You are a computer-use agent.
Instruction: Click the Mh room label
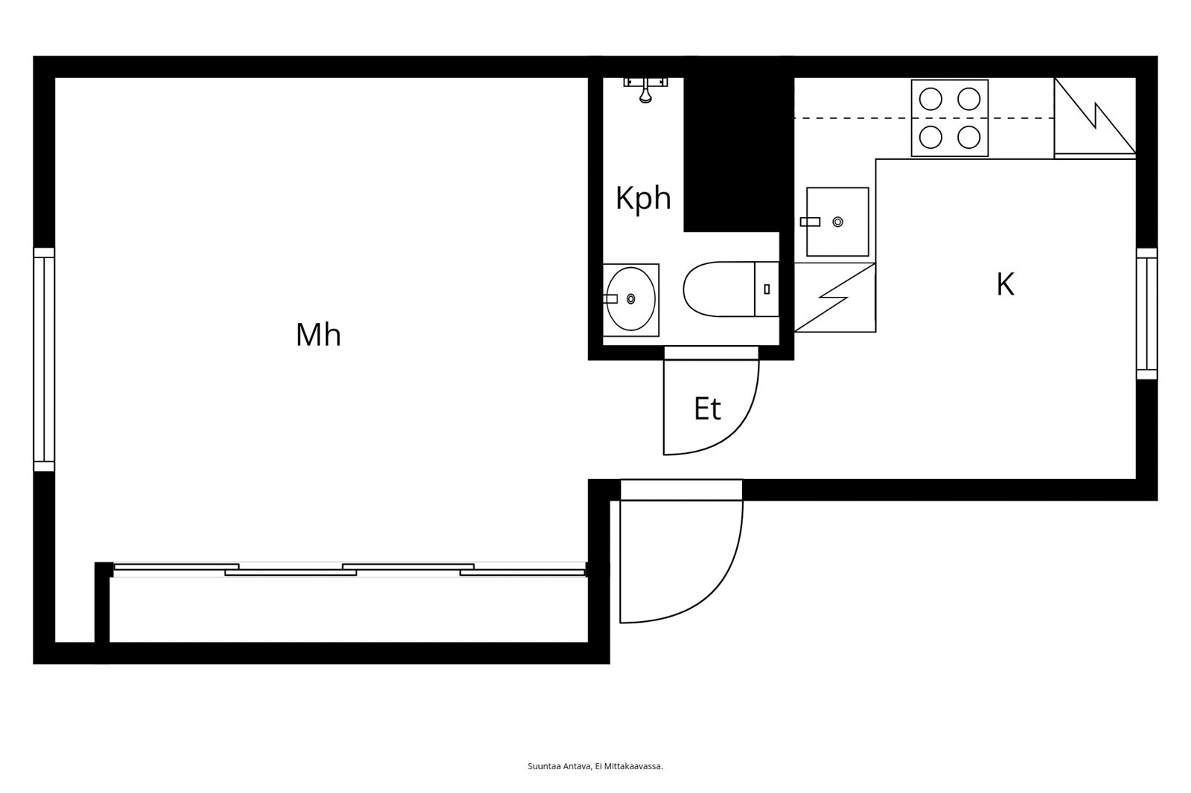point(318,335)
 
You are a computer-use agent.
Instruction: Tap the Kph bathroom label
point(643,198)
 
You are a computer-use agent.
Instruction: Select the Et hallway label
point(707,408)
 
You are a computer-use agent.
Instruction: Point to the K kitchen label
point(1005,284)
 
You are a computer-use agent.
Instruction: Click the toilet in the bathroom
point(731,289)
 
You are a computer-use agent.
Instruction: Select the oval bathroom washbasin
point(630,299)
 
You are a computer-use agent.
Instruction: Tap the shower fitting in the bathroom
point(645,89)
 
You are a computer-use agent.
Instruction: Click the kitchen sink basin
point(837,222)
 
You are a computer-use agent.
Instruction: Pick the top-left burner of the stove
point(930,99)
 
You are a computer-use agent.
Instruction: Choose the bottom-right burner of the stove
point(968,138)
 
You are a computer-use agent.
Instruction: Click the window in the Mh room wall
point(44,359)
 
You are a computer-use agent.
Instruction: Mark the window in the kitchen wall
point(1147,314)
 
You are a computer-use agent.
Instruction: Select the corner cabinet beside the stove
point(1095,118)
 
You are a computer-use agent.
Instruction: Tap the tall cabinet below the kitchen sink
point(834,298)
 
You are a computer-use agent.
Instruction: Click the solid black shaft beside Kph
point(738,154)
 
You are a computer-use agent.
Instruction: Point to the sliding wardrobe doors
point(350,569)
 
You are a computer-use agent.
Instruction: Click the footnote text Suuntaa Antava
point(559,766)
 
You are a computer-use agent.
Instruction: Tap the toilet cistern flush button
point(767,289)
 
